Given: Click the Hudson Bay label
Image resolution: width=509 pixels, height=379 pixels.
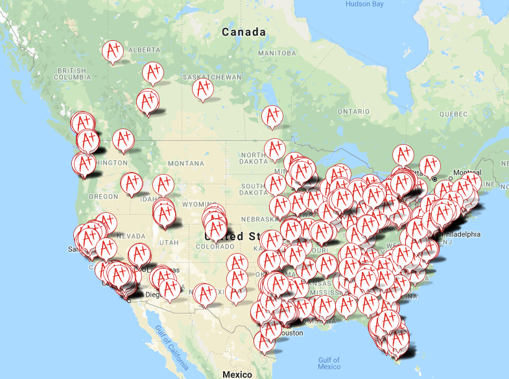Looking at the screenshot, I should [364, 4].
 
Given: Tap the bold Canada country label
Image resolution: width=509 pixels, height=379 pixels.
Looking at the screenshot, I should [243, 32].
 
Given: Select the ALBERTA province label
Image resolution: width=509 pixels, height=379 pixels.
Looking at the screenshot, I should [143, 50].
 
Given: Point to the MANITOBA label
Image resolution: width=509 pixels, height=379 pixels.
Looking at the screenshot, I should [277, 53].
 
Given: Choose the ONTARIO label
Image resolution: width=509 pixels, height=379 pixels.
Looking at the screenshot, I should [353, 112].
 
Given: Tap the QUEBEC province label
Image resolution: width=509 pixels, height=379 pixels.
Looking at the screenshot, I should [452, 114].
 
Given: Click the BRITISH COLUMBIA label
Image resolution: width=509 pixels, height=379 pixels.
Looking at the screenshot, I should [73, 73].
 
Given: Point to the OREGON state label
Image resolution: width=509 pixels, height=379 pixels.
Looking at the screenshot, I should [104, 196].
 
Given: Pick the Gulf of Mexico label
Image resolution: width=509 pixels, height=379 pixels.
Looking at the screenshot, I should [329, 363].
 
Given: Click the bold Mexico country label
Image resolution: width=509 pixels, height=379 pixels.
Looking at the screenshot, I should [236, 374].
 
